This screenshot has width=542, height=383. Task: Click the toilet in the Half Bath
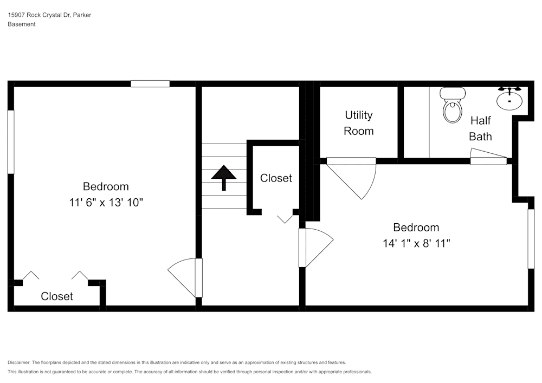[x=451, y=106]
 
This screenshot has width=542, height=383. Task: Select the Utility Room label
[x=358, y=123]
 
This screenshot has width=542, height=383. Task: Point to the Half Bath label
[x=480, y=128]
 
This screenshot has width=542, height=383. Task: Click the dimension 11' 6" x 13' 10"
[x=106, y=203]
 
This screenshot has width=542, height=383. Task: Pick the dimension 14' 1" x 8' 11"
[x=416, y=244]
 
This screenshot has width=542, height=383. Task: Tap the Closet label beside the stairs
[x=276, y=178]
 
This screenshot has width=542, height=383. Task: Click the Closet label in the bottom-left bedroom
[x=57, y=296]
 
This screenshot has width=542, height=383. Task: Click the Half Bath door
[x=488, y=159]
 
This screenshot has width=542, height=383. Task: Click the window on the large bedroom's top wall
[x=150, y=84]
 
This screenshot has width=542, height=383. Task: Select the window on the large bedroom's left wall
[x=10, y=142]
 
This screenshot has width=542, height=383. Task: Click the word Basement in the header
[x=22, y=24]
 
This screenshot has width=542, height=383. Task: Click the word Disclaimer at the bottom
[x=19, y=362]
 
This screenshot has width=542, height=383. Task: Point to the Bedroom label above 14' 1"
[x=416, y=228]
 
